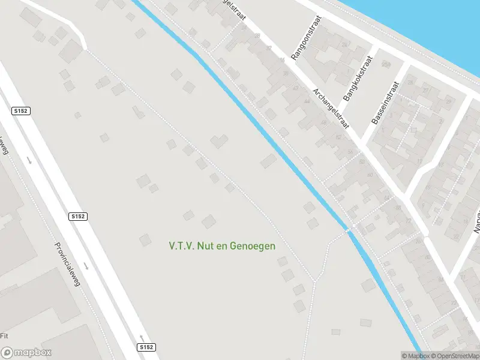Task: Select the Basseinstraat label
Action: pyautogui.click(x=385, y=103)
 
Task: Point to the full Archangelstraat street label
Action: pyautogui.click(x=331, y=108)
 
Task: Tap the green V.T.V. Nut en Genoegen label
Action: pyautogui.click(x=222, y=246)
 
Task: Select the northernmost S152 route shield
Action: pyautogui.click(x=20, y=111)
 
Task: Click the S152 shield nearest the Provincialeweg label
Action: pyautogui.click(x=78, y=217)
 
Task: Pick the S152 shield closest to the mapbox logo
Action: pyautogui.click(x=146, y=347)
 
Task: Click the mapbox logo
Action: pyautogui.click(x=26, y=353)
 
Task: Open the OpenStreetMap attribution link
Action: pyautogui.click(x=454, y=356)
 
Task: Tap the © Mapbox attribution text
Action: pyautogui.click(x=416, y=356)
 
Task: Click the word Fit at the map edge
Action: pyautogui.click(x=4, y=335)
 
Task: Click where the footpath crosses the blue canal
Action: pyautogui.click(x=348, y=229)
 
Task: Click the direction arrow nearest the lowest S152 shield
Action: pyautogui.click(x=142, y=337)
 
